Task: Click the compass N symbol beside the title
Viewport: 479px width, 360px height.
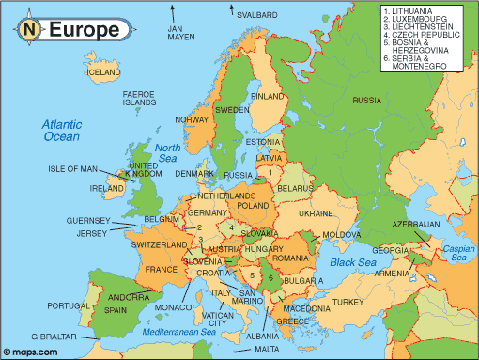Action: click(29, 29)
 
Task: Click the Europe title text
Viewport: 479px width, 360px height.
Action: click(85, 29)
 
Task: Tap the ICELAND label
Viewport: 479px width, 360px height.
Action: click(103, 71)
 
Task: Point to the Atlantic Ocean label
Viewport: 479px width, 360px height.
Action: click(63, 131)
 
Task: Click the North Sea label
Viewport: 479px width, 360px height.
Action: click(167, 152)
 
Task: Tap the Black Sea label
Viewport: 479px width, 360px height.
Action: click(353, 262)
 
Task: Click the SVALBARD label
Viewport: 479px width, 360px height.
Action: click(257, 15)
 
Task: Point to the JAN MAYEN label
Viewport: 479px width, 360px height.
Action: click(180, 33)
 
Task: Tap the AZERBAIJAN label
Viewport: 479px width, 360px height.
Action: click(415, 225)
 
